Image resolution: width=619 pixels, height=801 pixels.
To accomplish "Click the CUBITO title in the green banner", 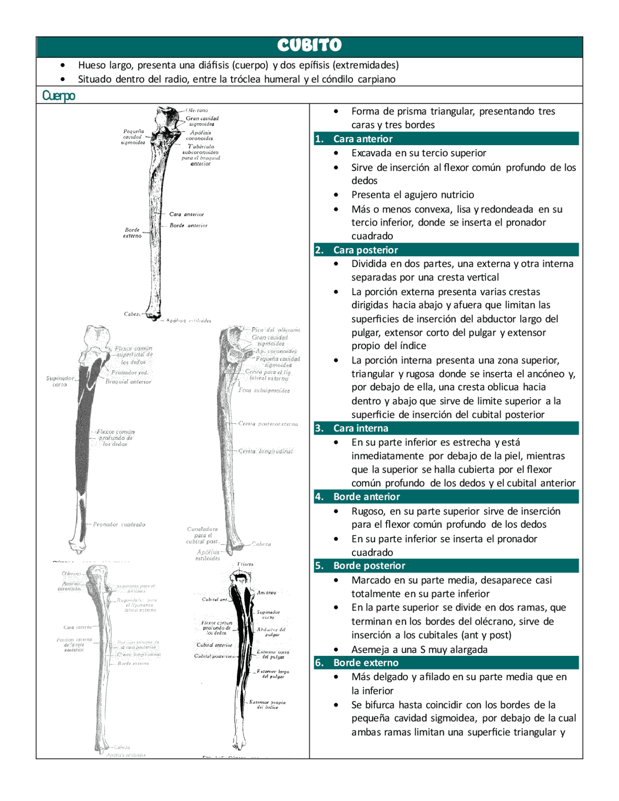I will pos(309,45).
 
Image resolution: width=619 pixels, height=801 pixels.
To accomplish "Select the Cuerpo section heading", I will pos(59,95).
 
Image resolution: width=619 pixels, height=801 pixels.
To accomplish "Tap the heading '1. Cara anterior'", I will pos(363,139).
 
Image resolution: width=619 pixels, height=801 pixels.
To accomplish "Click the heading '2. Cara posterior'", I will pos(365,250).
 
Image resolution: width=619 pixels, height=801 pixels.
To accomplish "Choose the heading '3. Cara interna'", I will pos(360,428).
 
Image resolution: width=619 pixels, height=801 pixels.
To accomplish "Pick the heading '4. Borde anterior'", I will pos(366,497).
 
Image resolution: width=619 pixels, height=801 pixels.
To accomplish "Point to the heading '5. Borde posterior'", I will pos(369,565).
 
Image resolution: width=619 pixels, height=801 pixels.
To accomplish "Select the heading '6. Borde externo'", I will pos(366,663).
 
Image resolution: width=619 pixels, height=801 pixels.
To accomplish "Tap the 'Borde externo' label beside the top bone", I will pos(132,233).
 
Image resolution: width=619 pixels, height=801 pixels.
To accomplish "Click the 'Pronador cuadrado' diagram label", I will pos(119,524).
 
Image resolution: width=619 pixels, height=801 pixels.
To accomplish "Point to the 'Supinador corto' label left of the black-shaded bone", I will pos(60,381).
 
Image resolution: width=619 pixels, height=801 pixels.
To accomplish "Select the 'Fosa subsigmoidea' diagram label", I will pos(264,390).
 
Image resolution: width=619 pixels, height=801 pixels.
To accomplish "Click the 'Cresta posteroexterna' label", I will pos(268,424).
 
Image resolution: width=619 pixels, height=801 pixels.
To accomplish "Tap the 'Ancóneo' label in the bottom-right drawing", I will pos(266,593).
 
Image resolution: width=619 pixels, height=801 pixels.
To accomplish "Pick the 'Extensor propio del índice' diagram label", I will pos(267,704).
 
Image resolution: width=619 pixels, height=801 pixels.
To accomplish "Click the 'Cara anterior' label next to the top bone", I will pos(187,214).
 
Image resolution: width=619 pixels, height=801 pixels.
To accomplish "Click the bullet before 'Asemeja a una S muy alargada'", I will pos(336,650).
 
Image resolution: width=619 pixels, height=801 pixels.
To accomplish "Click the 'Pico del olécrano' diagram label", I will pos(276,330).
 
